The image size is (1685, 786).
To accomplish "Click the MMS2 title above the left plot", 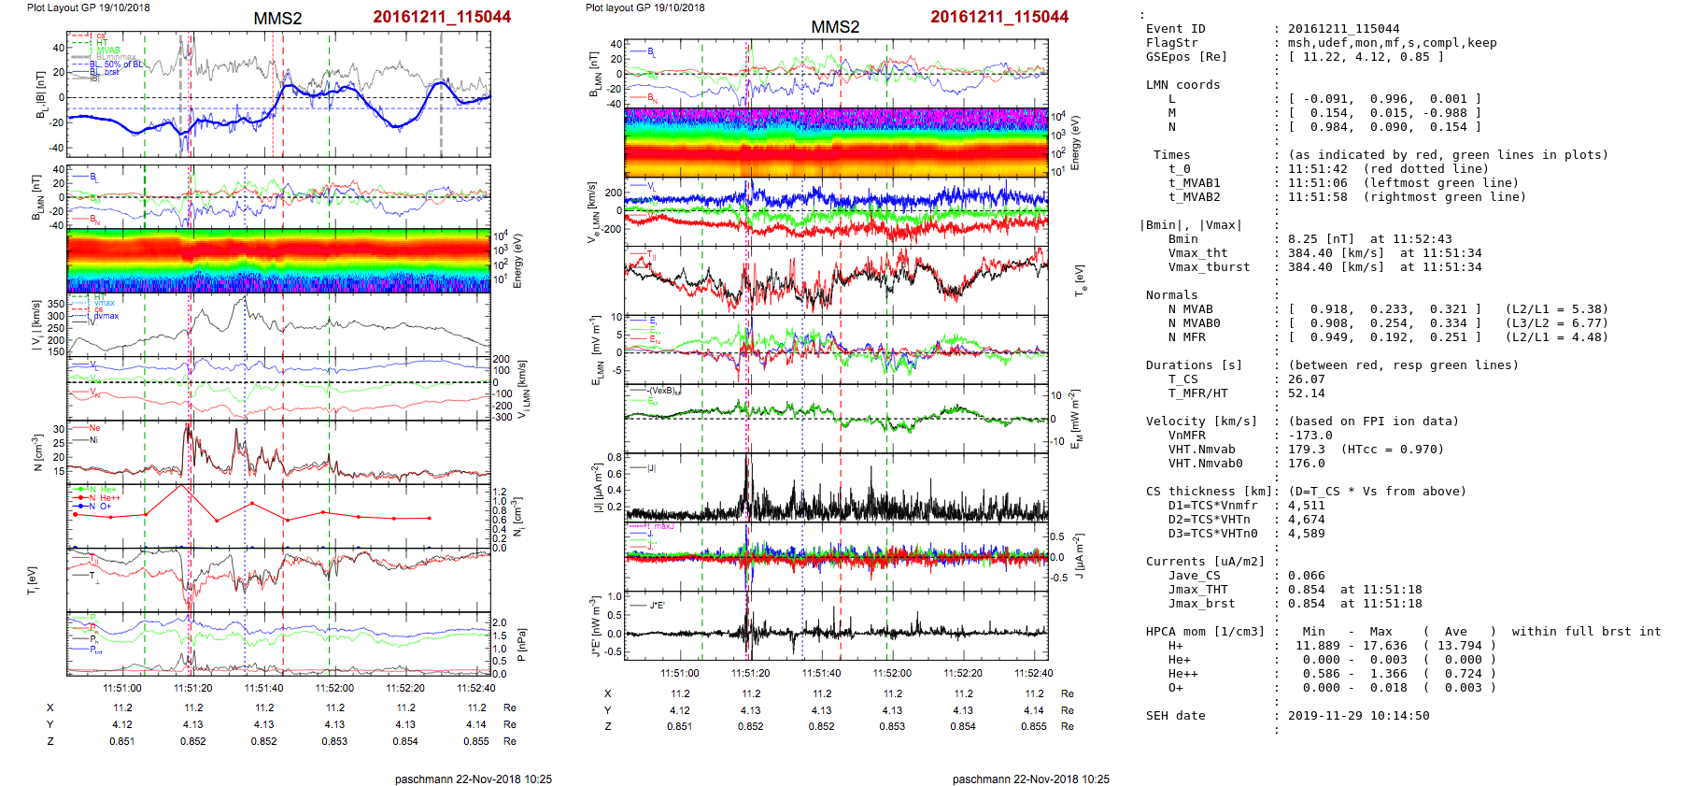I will (x=277, y=19).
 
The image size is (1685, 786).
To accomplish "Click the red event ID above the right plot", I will (x=998, y=17).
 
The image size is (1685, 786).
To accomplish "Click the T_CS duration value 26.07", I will (x=1306, y=379).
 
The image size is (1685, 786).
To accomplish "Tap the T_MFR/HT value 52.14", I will (x=1306, y=393).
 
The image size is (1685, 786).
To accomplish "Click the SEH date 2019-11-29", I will (x=1358, y=716).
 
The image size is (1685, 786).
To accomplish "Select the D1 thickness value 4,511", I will (x=1306, y=506).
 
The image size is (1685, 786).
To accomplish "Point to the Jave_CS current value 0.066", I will (x=1306, y=576).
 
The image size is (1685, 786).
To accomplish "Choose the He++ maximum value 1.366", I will (x=1388, y=674).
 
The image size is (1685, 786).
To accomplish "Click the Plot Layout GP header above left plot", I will (x=88, y=7).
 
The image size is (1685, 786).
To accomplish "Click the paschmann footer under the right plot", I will (x=1030, y=779).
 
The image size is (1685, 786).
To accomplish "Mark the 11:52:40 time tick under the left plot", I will (x=476, y=689).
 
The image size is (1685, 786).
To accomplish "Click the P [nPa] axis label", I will (x=521, y=644).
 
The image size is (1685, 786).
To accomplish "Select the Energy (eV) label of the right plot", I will (x=1075, y=143).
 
